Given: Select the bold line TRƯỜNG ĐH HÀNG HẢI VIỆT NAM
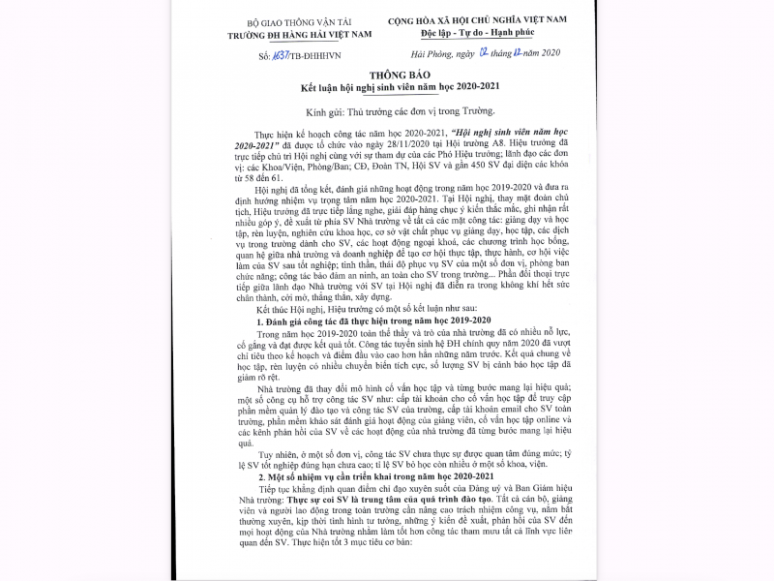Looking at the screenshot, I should tap(286, 34).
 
